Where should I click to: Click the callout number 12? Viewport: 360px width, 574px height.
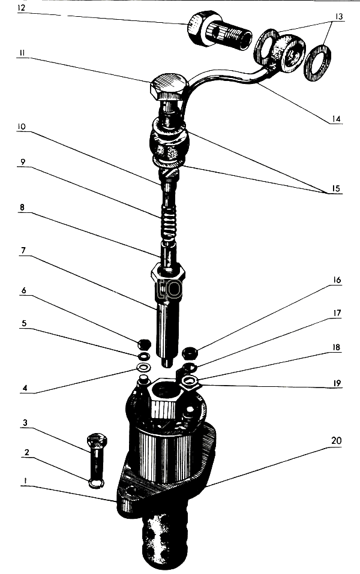pos(22,8)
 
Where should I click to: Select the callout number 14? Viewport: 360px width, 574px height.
pos(337,119)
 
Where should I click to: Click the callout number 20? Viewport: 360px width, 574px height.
pos(335,440)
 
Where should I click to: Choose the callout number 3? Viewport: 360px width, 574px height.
pos(23,423)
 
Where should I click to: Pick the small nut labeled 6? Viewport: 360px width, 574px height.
pos(144,345)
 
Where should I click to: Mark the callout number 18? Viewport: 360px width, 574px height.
pos(337,347)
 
